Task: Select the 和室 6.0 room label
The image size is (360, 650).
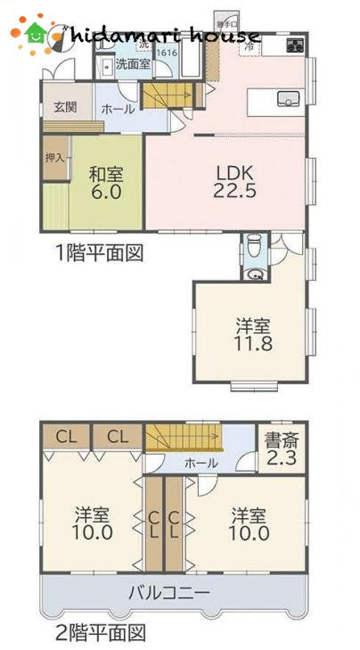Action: tap(104, 183)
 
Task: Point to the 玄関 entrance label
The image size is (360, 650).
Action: tap(64, 108)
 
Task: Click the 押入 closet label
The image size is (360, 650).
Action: tap(55, 159)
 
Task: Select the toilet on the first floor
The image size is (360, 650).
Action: tap(254, 245)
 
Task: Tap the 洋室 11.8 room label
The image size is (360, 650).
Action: tap(252, 335)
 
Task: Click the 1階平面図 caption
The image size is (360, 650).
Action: tap(98, 253)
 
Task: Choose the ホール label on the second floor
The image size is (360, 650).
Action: tap(201, 465)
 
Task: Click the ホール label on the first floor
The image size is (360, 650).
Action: tap(119, 109)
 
